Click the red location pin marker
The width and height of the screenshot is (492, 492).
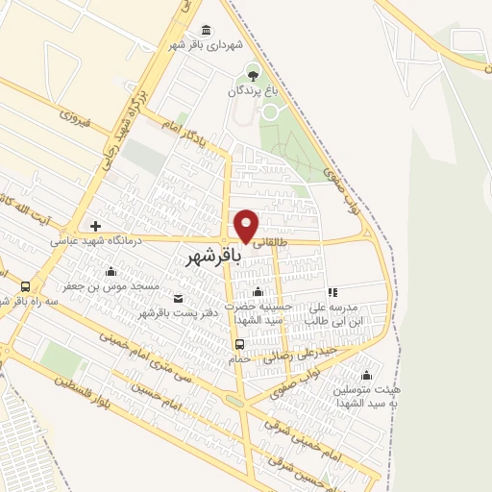pyautogui.click(x=247, y=225)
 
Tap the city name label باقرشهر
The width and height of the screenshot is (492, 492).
pyautogui.click(x=214, y=258)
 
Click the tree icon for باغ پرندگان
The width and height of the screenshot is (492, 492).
pyautogui.click(x=253, y=73)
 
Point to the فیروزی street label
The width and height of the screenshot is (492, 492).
pyautogui.click(x=75, y=119)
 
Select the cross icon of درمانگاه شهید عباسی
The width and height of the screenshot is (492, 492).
pyautogui.click(x=95, y=226)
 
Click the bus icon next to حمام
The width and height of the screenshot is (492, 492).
pyautogui.click(x=239, y=344)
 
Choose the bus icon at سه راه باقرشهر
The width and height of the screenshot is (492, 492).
pyautogui.click(x=25, y=285)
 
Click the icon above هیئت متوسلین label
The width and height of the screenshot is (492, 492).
pyautogui.click(x=365, y=376)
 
